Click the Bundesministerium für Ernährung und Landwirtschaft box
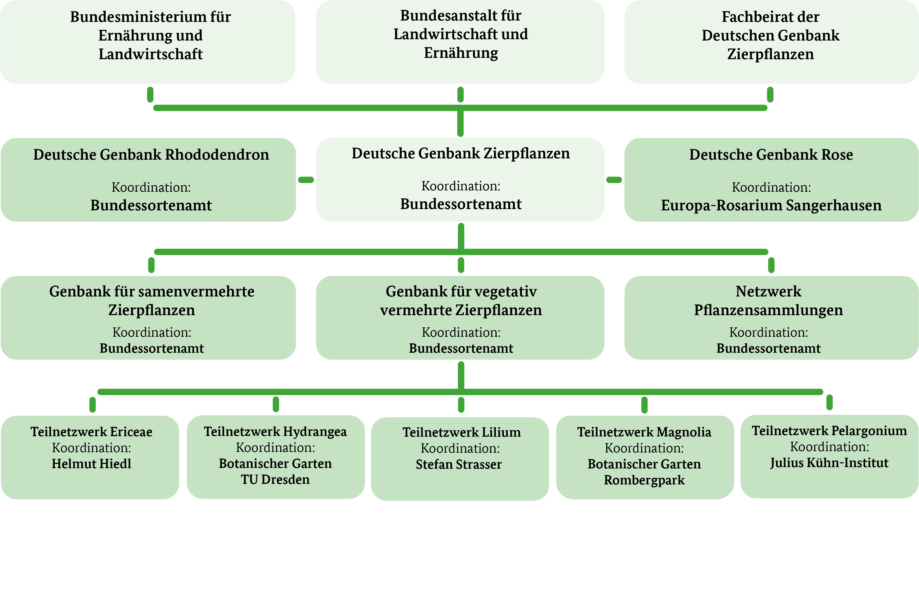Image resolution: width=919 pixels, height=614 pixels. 148,42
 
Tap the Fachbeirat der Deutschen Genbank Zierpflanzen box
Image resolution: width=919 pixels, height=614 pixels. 771,42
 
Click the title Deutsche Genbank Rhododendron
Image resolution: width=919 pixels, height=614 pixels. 151,155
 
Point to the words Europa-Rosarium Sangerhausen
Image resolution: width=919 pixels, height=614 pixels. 771,206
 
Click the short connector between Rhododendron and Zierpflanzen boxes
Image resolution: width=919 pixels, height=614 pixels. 306,180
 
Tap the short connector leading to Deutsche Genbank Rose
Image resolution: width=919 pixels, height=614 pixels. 614,180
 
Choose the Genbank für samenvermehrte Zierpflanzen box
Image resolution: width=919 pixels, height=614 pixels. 148,318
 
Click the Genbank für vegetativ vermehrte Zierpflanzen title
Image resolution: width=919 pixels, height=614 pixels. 461,301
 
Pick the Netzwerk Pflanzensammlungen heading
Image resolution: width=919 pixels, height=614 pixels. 769,301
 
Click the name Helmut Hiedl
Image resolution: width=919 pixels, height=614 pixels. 91,464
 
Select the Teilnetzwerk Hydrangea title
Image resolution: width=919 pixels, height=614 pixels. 275,432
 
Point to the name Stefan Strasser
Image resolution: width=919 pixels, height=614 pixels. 459,464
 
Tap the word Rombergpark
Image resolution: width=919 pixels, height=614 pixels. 644,480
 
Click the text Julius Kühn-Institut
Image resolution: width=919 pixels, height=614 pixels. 829,463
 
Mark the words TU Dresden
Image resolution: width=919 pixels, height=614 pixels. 275,480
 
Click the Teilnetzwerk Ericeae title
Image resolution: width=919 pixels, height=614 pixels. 91,432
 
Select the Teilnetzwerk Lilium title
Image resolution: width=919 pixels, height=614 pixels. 461,432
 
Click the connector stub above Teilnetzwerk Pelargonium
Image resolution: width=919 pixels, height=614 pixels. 829,402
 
